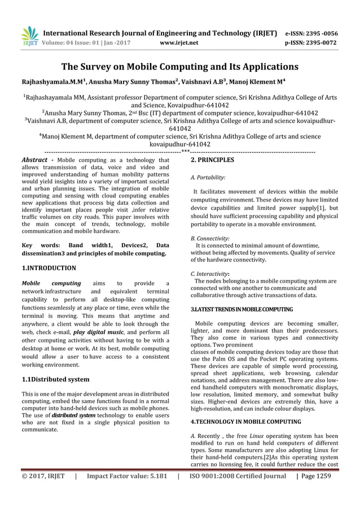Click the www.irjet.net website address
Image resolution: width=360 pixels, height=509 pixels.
click(x=179, y=42)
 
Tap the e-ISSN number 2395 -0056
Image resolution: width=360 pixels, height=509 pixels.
click(x=312, y=33)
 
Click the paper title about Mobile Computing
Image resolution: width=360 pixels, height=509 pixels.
click(x=179, y=67)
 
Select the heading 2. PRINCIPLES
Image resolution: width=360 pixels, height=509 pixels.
click(x=212, y=160)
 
